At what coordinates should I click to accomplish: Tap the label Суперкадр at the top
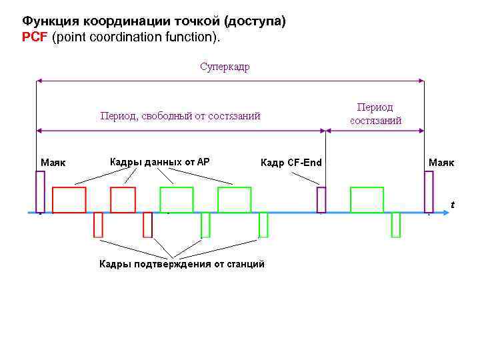(x=225, y=67)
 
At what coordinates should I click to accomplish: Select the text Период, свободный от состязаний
(x=180, y=116)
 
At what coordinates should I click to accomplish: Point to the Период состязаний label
(x=375, y=114)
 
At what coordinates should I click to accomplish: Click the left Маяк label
(x=53, y=162)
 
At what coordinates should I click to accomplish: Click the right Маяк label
(x=441, y=162)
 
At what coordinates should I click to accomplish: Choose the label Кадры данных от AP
(x=159, y=161)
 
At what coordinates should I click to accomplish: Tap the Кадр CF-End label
(x=291, y=162)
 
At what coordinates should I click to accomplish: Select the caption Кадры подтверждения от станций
(x=182, y=265)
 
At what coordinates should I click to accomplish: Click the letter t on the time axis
(x=453, y=204)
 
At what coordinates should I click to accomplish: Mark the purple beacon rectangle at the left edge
(x=40, y=191)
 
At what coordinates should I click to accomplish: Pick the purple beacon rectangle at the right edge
(x=429, y=191)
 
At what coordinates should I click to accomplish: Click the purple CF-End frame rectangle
(x=321, y=199)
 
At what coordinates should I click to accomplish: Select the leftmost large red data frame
(x=69, y=199)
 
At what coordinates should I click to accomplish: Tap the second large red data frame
(x=123, y=199)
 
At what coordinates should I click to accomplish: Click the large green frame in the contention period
(x=367, y=199)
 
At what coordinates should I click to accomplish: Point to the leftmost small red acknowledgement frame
(x=98, y=225)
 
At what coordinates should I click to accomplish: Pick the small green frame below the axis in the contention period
(x=396, y=225)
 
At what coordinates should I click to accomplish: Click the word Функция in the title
(x=47, y=22)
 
